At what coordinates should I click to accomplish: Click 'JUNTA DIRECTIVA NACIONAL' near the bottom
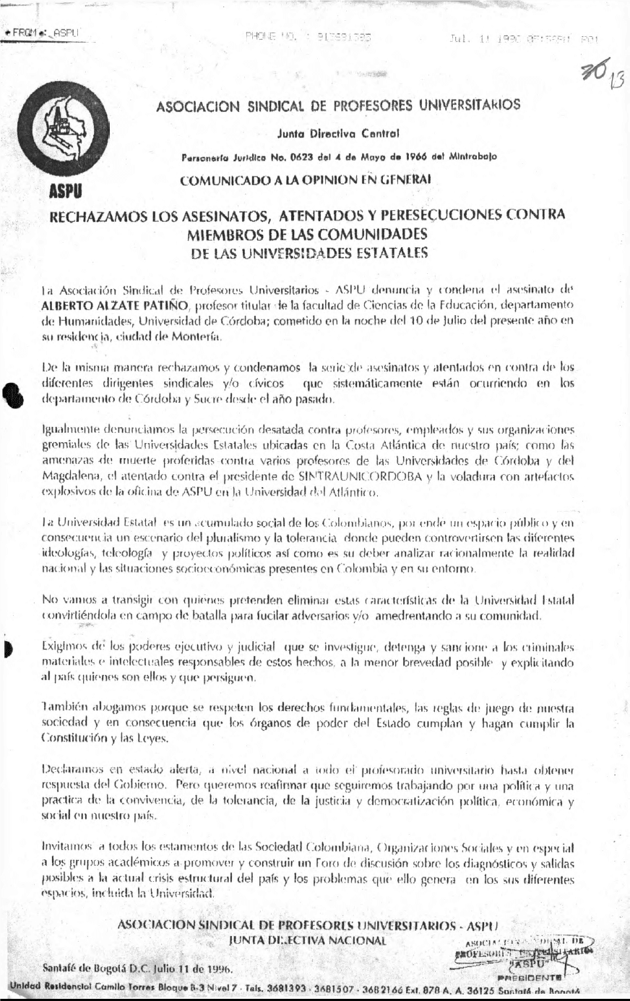tap(308, 940)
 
